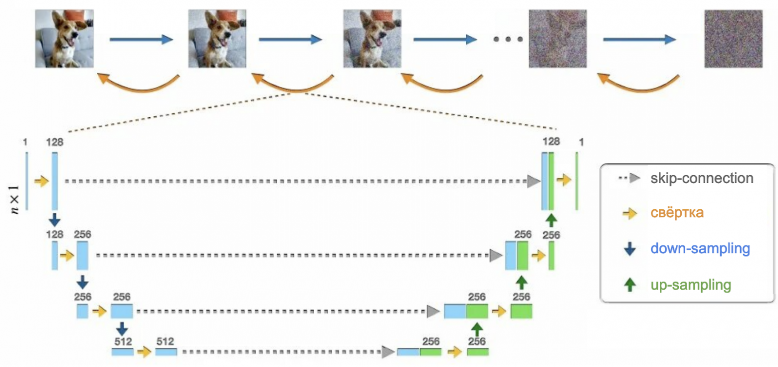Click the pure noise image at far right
pyautogui.click(x=733, y=38)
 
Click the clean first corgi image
pyautogui.click(x=65, y=38)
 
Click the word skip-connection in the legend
pyautogui.click(x=702, y=178)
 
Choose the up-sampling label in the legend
pyautogui.click(x=691, y=285)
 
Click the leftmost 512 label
pyautogui.click(x=122, y=342)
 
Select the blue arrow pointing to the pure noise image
pyautogui.click(x=639, y=39)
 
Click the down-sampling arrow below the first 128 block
pyautogui.click(x=54, y=219)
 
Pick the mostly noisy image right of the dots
pyautogui.click(x=558, y=38)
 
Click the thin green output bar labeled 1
pyautogui.click(x=577, y=181)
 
